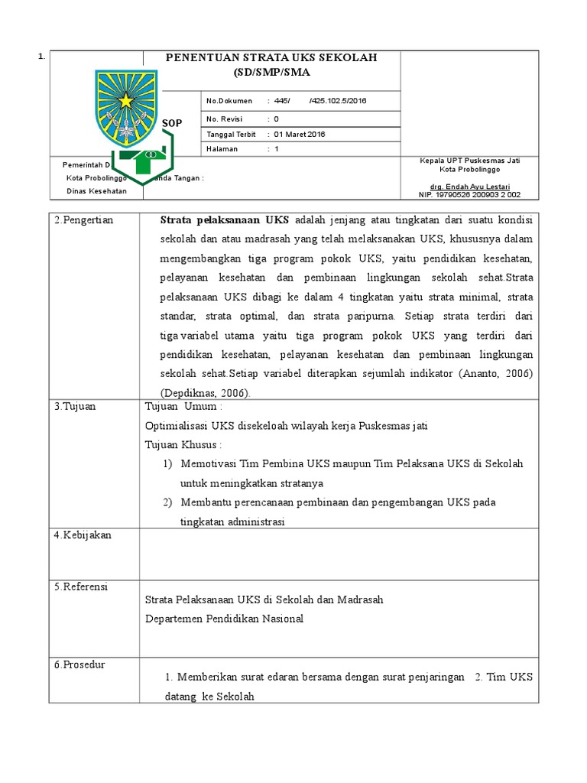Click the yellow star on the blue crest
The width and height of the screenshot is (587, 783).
pyautogui.click(x=125, y=100)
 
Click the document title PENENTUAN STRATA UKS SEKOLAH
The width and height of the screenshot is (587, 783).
pyautogui.click(x=272, y=58)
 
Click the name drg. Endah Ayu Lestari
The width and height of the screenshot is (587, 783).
pyautogui.click(x=469, y=187)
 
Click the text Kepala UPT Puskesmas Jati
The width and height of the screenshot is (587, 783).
pyautogui.click(x=469, y=161)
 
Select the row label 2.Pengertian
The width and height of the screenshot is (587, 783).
pyautogui.click(x=83, y=220)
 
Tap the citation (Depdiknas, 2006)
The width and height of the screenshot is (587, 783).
pyautogui.click(x=205, y=392)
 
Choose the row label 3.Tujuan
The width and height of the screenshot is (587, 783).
pyautogui.click(x=75, y=406)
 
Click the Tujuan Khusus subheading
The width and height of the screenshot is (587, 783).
pyautogui.click(x=183, y=444)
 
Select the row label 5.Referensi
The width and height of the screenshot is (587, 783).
pyautogui.click(x=81, y=586)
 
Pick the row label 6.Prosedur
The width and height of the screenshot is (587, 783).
pyautogui.click(x=79, y=664)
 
